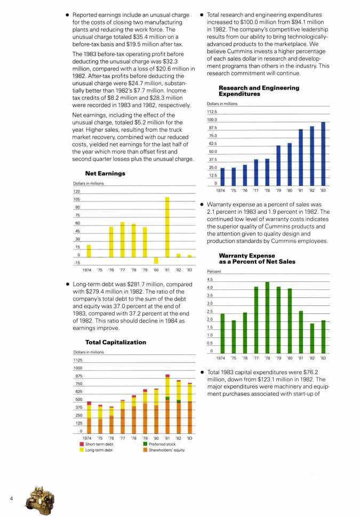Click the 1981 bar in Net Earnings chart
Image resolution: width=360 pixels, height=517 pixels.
tap(167, 227)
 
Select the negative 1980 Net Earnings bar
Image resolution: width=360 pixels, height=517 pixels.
tap(156, 261)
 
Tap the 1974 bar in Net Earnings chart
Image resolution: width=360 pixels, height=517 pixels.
tap(89, 251)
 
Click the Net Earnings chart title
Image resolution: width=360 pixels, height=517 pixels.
tap(105, 173)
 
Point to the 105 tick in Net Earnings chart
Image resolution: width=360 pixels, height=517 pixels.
tap(77, 199)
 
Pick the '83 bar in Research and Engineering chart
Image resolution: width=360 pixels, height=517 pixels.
tap(323, 154)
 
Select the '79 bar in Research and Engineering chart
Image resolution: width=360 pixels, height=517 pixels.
tap(278, 166)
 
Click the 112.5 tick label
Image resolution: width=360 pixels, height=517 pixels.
tap(212, 112)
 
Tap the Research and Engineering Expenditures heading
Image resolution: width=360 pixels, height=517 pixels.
tap(259, 91)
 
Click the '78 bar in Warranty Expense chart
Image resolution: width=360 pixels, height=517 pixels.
tap(267, 318)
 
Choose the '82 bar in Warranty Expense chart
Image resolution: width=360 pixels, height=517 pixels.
tap(312, 338)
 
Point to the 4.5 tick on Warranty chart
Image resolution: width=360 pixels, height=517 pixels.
tap(210, 279)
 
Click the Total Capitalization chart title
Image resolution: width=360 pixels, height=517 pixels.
tap(116, 342)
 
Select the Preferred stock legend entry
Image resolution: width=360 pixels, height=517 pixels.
tap(159, 444)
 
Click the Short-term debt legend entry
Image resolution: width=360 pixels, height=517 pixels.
tap(97, 444)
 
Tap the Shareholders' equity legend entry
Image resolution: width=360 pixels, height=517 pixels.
tap(164, 450)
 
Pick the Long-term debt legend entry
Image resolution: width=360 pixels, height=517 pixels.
tap(96, 450)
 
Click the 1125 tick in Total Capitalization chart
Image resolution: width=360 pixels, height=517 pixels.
tap(78, 360)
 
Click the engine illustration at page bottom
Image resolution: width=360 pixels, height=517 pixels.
tap(40, 500)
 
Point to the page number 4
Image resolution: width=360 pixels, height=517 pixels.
tap(11, 498)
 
